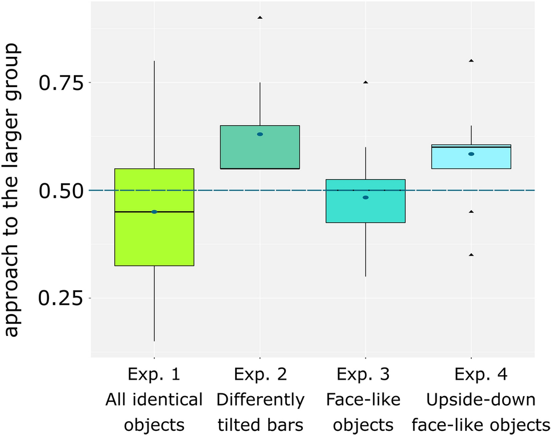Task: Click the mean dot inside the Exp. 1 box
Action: coord(154,212)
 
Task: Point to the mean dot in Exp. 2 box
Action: coord(260,134)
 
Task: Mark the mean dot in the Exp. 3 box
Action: coord(365,198)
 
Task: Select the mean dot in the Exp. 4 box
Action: coord(471,154)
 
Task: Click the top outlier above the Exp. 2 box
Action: coord(260,18)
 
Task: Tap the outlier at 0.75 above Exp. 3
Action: coord(365,83)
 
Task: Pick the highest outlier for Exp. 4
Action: coord(471,60)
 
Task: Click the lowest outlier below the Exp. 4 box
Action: coord(471,255)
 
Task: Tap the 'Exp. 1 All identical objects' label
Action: coord(154,400)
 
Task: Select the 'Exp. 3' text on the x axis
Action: coord(365,375)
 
